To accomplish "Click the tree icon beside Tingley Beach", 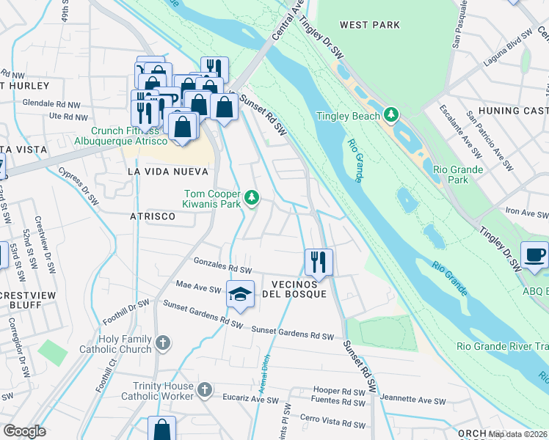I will point(392,115).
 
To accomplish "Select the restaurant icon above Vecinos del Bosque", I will point(319,261).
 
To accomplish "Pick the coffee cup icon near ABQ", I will point(534,254).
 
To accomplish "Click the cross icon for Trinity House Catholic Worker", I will point(205,389).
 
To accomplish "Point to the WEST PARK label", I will point(370,25).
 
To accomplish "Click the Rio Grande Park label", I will point(458,175).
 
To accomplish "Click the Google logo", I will point(24,431).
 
